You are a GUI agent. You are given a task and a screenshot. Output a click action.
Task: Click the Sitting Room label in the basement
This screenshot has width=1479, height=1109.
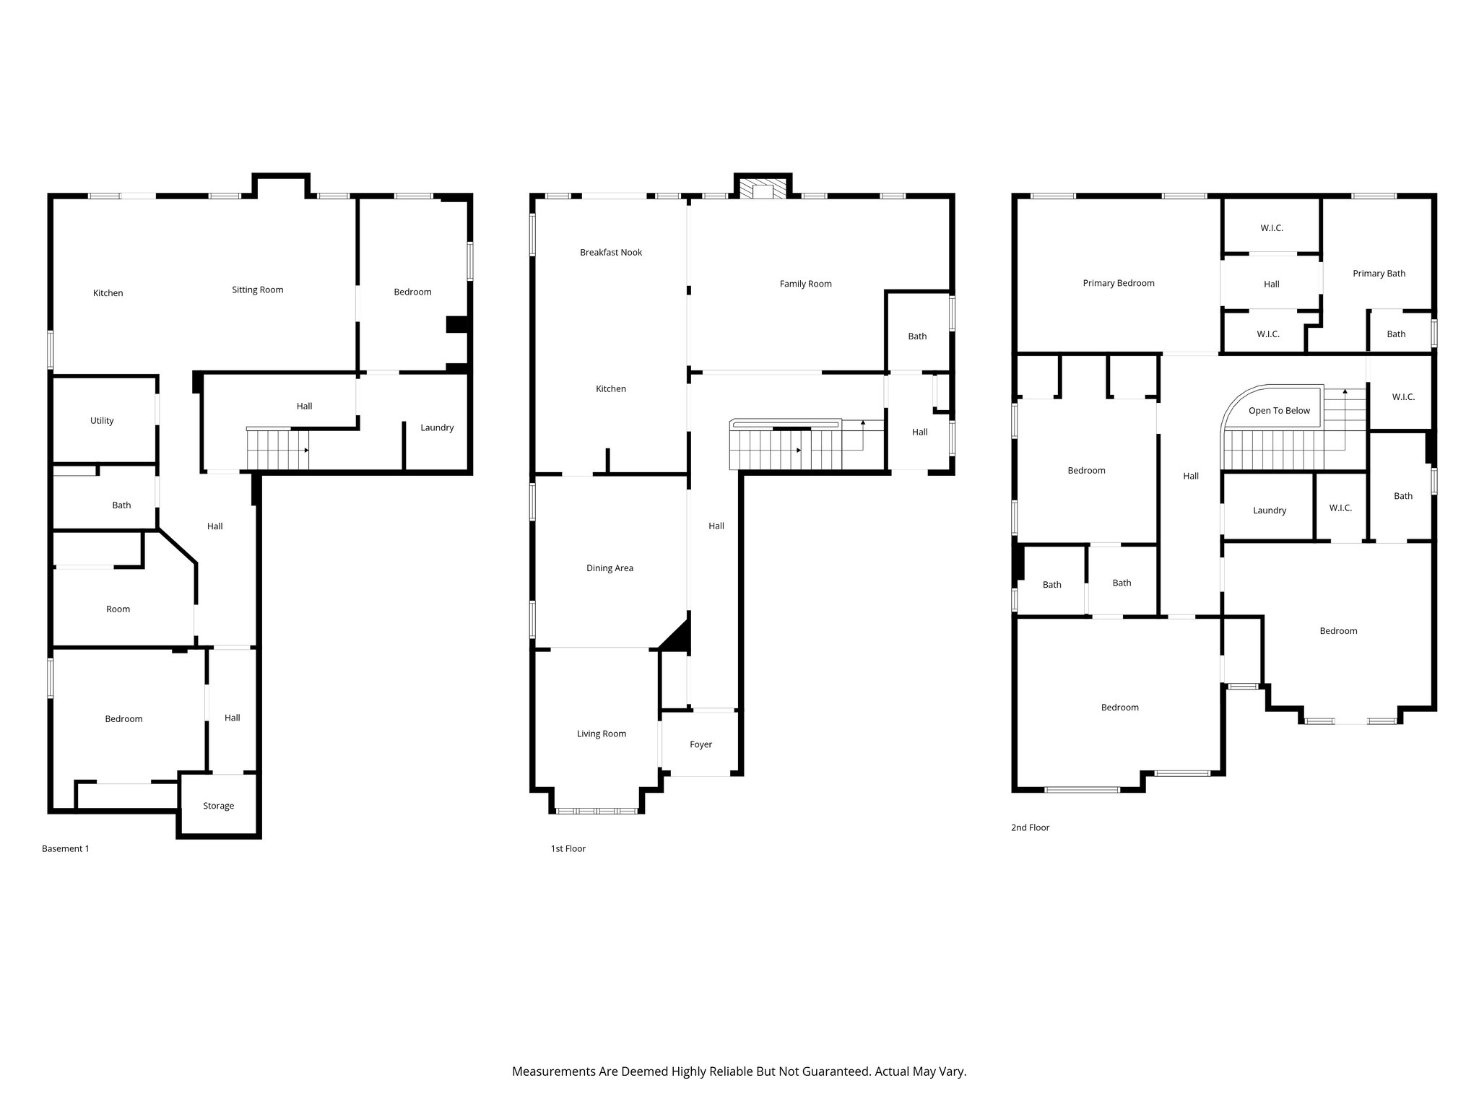click(257, 290)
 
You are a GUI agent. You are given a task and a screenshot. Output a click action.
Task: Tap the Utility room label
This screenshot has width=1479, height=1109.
click(102, 420)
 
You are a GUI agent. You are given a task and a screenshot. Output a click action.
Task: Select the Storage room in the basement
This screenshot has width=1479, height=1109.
click(218, 806)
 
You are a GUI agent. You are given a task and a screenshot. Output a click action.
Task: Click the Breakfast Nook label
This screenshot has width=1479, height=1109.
click(611, 252)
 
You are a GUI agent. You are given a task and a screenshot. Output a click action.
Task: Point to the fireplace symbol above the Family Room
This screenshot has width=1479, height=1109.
click(763, 190)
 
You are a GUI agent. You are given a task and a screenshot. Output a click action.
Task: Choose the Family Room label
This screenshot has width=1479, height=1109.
click(805, 284)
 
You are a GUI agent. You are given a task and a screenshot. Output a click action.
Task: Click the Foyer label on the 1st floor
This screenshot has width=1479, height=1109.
click(701, 744)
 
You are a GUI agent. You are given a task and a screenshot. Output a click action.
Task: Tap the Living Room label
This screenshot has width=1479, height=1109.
click(601, 734)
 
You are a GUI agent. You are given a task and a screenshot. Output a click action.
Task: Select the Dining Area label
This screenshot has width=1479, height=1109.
click(610, 568)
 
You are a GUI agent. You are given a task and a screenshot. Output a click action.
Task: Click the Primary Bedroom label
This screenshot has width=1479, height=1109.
click(1119, 283)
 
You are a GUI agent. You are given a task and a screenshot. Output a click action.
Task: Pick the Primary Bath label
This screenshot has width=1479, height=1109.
click(1379, 273)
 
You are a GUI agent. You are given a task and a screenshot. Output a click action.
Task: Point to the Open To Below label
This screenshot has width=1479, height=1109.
click(1279, 410)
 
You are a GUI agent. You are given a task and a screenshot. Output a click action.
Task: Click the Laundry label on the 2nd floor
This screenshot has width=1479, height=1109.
click(1269, 510)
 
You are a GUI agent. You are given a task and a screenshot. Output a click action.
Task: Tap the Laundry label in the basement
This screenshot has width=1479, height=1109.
click(437, 427)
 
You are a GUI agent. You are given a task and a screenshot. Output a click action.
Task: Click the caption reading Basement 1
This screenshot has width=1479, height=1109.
click(66, 848)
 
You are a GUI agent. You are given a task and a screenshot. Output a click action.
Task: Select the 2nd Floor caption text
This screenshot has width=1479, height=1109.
click(1030, 827)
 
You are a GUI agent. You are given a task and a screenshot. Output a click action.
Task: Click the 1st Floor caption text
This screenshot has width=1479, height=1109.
click(568, 848)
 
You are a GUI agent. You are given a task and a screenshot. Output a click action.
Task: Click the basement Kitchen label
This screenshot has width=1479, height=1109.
click(108, 293)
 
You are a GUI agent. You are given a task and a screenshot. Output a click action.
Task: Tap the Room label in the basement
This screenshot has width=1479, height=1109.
click(118, 609)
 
